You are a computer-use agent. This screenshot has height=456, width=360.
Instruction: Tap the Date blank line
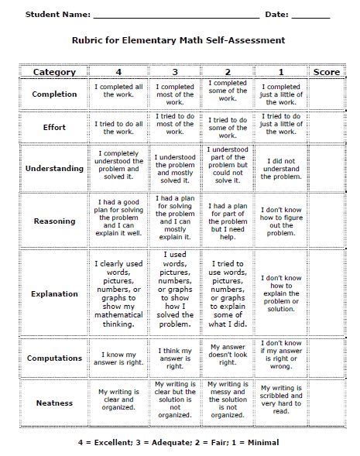310,15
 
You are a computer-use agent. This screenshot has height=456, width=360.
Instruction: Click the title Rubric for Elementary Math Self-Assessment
179,40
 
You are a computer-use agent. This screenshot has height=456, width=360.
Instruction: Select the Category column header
54,72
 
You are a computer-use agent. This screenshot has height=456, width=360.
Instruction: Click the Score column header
326,72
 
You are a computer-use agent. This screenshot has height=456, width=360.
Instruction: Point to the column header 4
118,72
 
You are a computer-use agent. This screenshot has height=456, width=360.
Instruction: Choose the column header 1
281,72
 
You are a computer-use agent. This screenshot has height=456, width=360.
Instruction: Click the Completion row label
54,94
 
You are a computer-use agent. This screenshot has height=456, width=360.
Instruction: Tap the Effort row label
54,127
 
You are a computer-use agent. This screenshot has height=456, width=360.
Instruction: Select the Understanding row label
54,168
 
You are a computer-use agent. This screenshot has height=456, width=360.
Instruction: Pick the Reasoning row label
54,221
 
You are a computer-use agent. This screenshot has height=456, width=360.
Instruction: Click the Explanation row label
54,294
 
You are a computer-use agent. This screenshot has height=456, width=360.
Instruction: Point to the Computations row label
54,358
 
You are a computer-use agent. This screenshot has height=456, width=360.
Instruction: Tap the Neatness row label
54,403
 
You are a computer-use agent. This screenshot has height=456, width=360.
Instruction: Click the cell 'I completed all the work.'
118,94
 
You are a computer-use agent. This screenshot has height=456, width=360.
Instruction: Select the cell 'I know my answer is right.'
118,358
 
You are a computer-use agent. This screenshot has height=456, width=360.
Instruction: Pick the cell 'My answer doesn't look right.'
228,354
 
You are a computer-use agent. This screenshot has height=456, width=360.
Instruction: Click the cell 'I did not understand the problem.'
281,168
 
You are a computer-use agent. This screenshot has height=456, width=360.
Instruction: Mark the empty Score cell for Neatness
326,403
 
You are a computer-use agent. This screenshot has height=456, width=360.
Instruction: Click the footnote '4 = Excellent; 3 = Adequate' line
179,441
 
